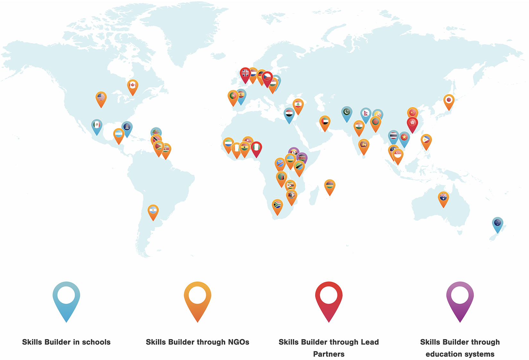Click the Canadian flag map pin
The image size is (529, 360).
(x=132, y=86)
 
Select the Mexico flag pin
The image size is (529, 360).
(x=97, y=125)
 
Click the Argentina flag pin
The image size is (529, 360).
(x=153, y=210)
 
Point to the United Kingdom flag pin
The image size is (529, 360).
(x=245, y=74)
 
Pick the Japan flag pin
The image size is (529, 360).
(x=449, y=100)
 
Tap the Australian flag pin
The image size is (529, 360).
(x=443, y=197)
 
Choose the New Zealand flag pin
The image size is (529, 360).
(x=498, y=223)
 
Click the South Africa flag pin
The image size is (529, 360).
(x=277, y=205)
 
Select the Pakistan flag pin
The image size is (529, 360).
(x=347, y=112)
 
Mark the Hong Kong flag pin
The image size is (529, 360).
(x=412, y=123)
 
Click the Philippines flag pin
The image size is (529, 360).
(x=426, y=140)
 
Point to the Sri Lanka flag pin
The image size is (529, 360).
(x=364, y=145)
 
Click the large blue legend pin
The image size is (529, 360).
(x=66, y=298)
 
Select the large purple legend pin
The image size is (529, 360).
(x=460, y=298)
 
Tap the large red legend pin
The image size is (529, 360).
(x=329, y=298)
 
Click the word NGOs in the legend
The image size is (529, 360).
(x=238, y=342)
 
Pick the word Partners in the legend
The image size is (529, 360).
(x=329, y=354)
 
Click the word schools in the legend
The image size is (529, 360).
(x=96, y=342)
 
